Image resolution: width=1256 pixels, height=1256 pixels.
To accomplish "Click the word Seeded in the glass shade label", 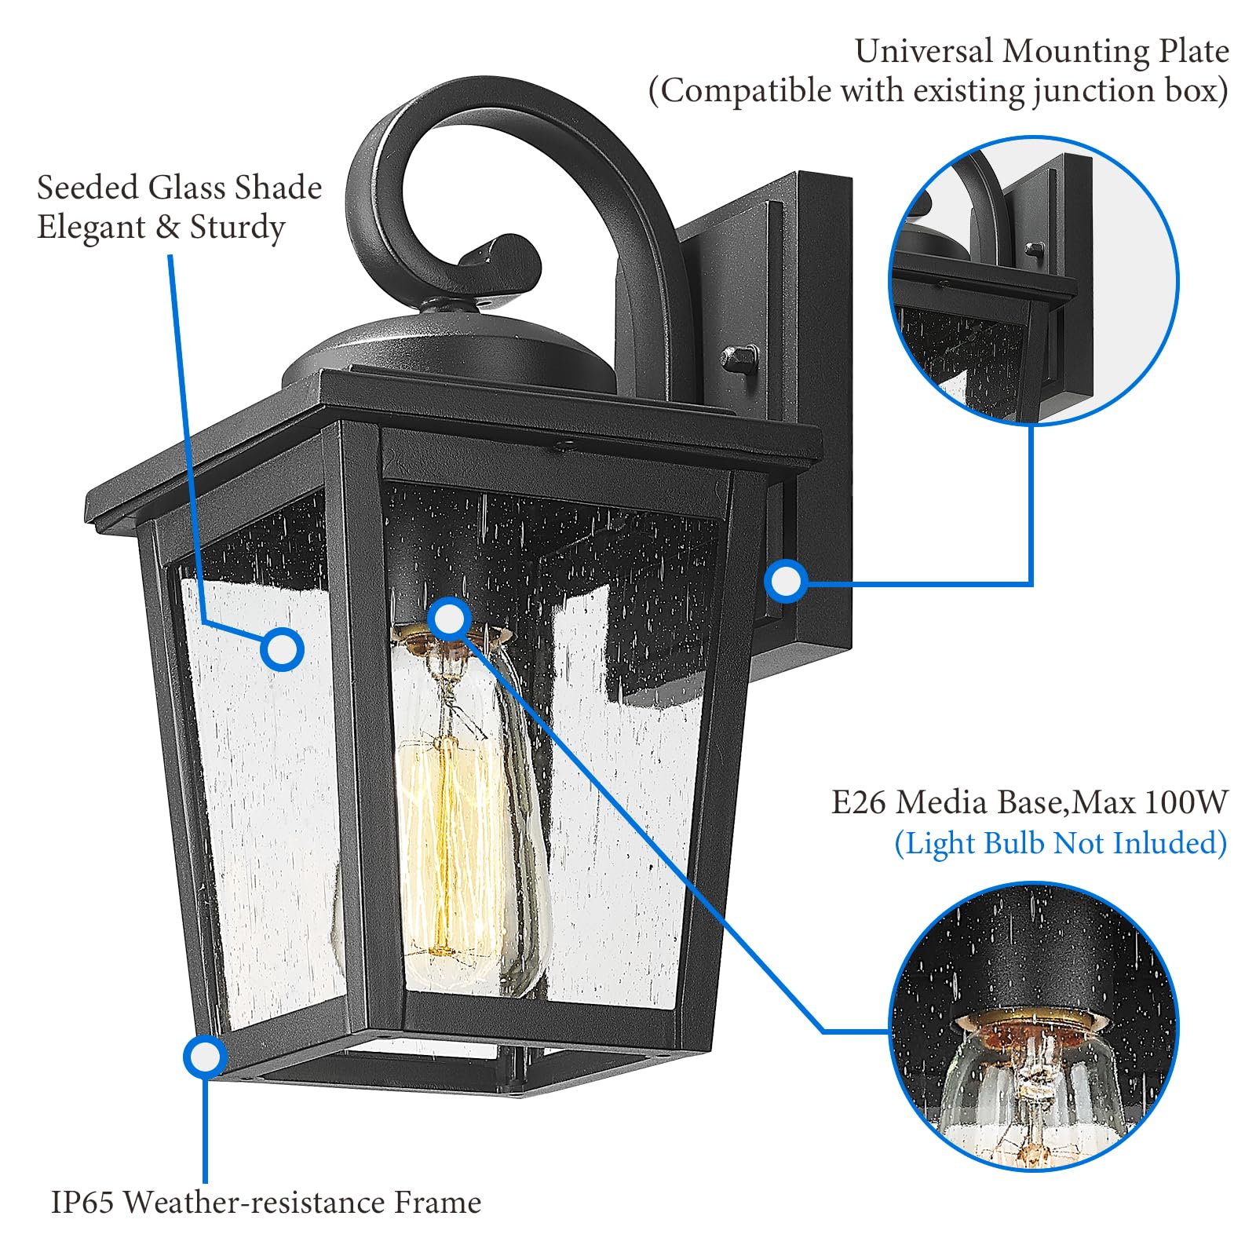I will [87, 188].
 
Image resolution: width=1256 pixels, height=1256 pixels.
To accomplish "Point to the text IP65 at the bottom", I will [82, 1203].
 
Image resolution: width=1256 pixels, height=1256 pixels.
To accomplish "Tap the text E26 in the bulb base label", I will [859, 802].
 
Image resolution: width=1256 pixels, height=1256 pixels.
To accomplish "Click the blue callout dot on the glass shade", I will [282, 649].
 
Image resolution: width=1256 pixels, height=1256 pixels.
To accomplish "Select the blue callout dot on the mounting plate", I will [786, 582].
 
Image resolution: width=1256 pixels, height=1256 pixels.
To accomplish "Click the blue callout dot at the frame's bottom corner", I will [205, 1057].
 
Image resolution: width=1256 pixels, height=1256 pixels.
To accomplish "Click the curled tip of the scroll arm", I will [502, 259].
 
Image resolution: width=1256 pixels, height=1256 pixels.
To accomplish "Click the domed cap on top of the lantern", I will [447, 345].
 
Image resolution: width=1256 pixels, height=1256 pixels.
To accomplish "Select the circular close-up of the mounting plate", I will [1032, 280].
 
